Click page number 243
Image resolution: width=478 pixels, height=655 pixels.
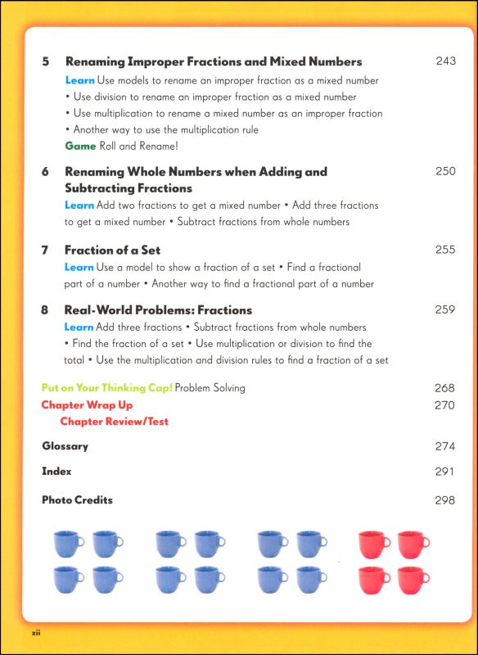[x=445, y=61]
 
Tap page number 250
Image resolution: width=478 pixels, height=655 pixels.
[x=445, y=171]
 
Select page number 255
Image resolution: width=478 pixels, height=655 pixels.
[x=445, y=250]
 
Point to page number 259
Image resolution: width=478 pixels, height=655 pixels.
[x=445, y=310]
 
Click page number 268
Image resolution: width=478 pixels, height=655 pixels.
[x=445, y=387]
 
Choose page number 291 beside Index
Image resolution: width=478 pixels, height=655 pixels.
[x=445, y=472]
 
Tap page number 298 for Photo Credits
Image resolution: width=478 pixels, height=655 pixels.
[x=445, y=500]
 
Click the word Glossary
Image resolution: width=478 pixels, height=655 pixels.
[x=65, y=446]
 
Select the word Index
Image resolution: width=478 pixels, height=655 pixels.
[x=56, y=472]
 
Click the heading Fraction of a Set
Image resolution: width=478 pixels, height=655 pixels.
[x=112, y=250]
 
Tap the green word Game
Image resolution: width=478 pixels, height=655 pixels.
[x=80, y=146]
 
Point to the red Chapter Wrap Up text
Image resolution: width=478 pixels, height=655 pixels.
[x=87, y=405]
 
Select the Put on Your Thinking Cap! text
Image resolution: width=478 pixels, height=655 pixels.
[x=106, y=387]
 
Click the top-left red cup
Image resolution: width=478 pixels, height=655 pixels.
[x=372, y=543]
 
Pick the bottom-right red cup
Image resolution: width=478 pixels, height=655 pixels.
[x=413, y=578]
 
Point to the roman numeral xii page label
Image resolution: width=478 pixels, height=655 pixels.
[x=36, y=633]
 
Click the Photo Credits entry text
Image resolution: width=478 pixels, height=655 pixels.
[x=77, y=500]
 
